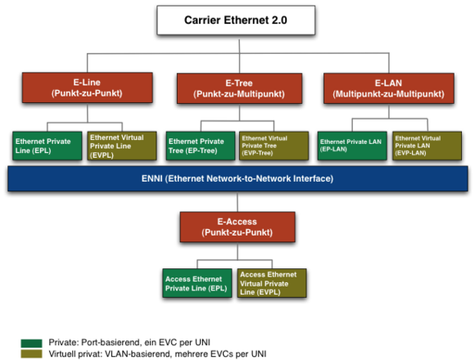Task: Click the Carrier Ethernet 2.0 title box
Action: pos(236,20)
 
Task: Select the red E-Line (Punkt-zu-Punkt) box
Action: pos(88,88)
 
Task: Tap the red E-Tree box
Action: pos(239,88)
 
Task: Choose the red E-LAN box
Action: pos(389,88)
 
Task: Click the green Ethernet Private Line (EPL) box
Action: pos(47,146)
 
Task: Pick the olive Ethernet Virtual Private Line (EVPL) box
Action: pos(122,146)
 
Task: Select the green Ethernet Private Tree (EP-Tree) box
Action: pos(201,146)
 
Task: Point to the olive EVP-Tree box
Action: pos(274,146)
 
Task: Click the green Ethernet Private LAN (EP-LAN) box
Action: pos(352,146)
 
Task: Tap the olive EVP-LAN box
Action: pos(427,146)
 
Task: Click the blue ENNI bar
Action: pos(237,178)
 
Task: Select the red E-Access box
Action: pos(237,227)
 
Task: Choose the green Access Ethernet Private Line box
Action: pos(197,283)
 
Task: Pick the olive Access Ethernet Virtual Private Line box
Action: pos(272,283)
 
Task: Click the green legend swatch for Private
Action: pos(31,344)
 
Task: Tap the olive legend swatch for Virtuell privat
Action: pos(31,354)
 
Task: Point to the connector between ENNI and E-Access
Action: pos(237,202)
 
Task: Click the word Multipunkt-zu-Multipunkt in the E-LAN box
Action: pos(389,94)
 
